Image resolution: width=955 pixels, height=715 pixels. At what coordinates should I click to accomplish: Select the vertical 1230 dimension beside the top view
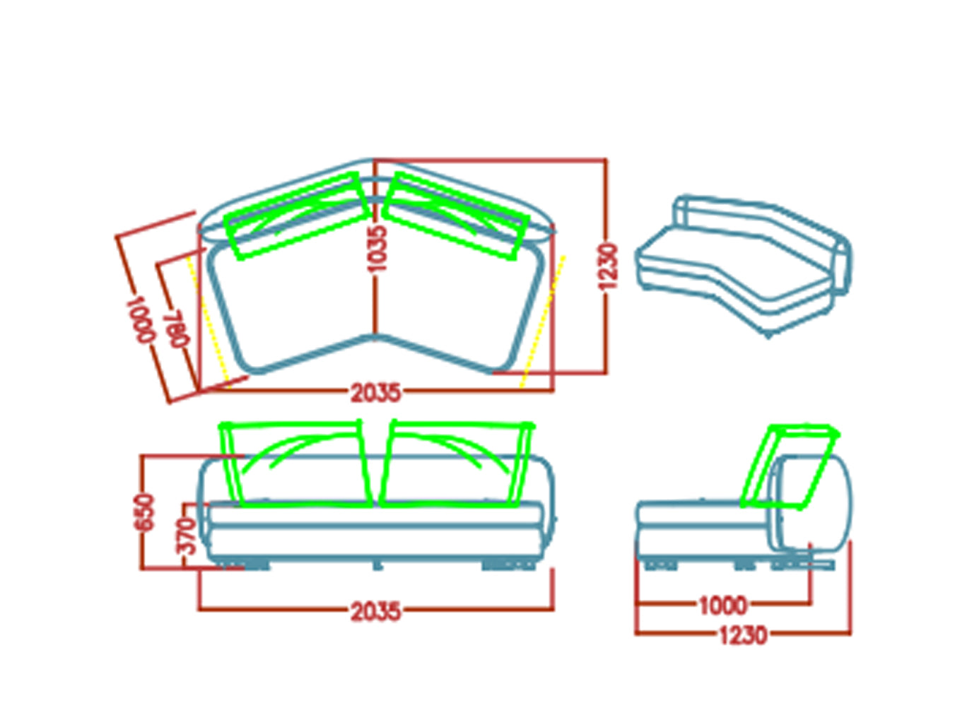[x=608, y=267]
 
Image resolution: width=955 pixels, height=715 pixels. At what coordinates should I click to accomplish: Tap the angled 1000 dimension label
[x=141, y=319]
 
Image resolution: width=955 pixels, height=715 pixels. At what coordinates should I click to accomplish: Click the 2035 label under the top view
[x=375, y=393]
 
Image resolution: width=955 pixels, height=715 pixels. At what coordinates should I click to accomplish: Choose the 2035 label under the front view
[x=375, y=612]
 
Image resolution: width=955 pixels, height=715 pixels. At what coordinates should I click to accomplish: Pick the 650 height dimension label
[x=145, y=512]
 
